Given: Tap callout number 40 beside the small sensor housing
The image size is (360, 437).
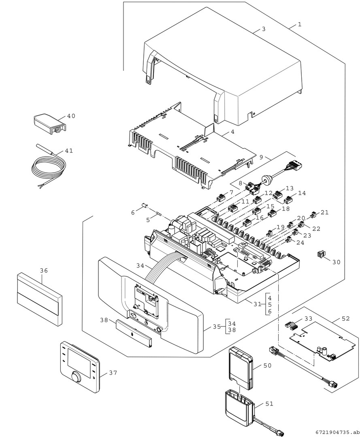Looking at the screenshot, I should [x=71, y=116].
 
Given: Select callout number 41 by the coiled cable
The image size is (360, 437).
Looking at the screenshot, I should [x=69, y=151].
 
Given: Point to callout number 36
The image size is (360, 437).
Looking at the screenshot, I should [x=44, y=270].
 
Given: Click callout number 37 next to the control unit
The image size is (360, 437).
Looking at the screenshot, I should [x=113, y=373].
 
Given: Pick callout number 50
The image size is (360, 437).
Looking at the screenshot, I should [x=267, y=365].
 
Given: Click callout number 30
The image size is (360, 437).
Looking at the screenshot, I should [x=336, y=262].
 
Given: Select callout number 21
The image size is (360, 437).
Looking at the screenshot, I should [x=325, y=212].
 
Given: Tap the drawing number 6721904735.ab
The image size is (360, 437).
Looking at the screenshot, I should [x=336, y=432].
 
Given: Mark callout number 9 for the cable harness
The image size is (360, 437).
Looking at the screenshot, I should [x=261, y=157].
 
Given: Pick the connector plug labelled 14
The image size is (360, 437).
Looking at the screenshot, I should [x=288, y=199].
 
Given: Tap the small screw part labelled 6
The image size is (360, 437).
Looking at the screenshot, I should [x=144, y=208].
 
